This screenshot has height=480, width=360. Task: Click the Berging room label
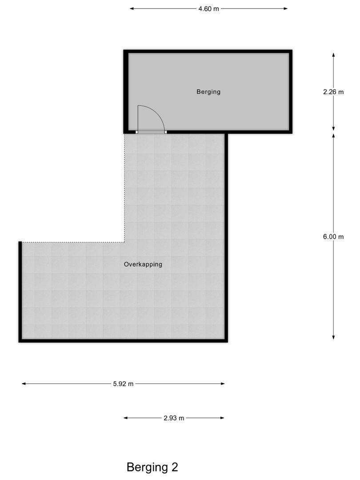(x=208, y=92)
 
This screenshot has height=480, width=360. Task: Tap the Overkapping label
(x=143, y=264)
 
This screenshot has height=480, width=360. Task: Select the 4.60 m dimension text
(x=208, y=8)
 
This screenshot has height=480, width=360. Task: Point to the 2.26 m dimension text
(x=333, y=92)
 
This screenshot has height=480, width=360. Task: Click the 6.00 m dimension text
(x=333, y=236)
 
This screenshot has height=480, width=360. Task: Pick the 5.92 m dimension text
(x=123, y=384)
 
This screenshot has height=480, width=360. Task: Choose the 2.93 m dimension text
(x=174, y=418)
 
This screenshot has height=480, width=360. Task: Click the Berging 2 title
(x=152, y=467)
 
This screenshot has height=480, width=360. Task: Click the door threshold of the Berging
(x=151, y=132)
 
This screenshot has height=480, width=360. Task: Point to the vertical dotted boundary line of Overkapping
(x=124, y=187)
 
